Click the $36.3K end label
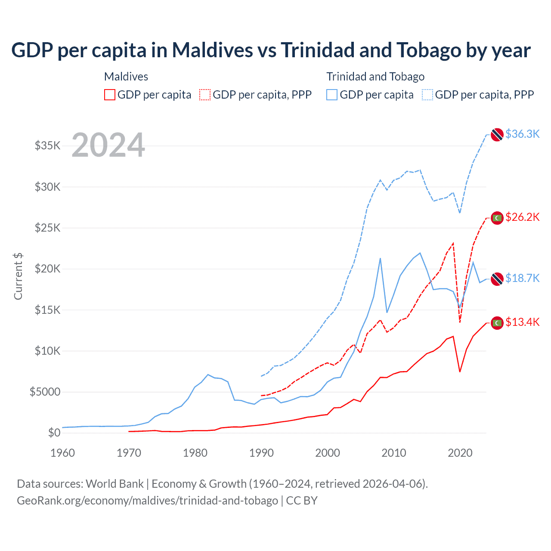click(x=522, y=134)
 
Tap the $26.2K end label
click(x=522, y=217)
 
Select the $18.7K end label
click(x=522, y=278)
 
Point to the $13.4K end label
click(x=522, y=322)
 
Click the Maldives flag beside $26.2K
click(x=497, y=218)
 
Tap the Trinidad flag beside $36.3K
click(x=497, y=134)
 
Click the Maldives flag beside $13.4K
click(x=497, y=322)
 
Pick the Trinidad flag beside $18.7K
click(x=497, y=279)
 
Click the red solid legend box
click(x=110, y=95)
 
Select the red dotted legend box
click(x=205, y=95)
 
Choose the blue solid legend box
click(x=332, y=95)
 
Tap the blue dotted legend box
click(x=427, y=95)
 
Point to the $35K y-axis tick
click(x=48, y=145)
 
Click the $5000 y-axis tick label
click(x=45, y=392)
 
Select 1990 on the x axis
click(x=261, y=453)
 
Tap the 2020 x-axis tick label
click(x=460, y=453)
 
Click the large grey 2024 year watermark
click(x=108, y=145)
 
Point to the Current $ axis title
click(x=18, y=276)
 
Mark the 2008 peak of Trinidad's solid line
click(x=380, y=258)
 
